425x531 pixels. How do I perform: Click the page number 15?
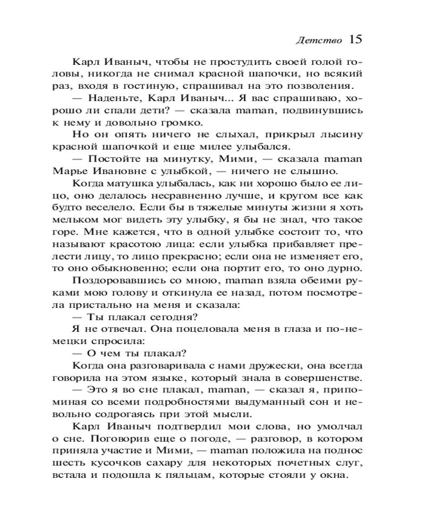click(356, 39)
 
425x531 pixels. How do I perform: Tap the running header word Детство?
click(319, 41)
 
